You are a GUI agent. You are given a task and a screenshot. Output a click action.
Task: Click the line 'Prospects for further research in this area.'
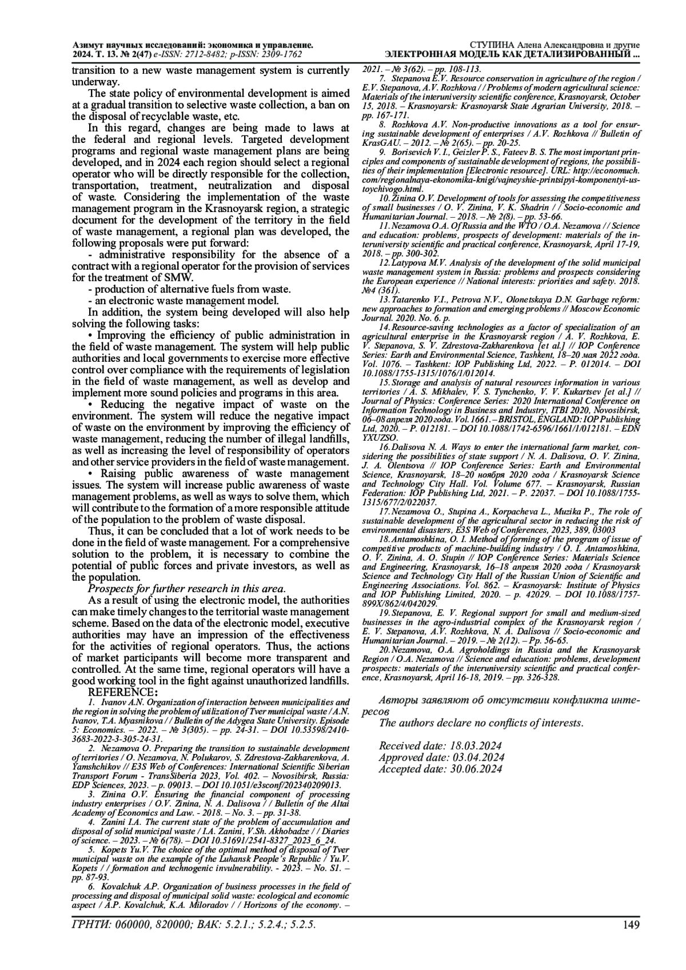186,589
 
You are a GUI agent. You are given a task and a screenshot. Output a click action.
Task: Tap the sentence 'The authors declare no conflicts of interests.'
481,723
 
